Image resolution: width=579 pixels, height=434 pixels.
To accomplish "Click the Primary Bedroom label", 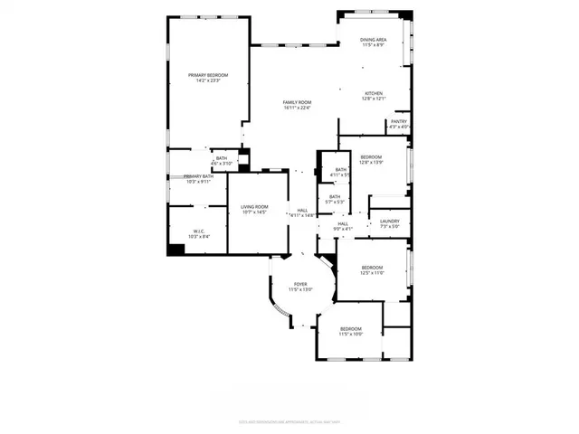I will point(208,75).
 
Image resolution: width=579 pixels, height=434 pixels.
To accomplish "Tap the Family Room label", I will point(296,102).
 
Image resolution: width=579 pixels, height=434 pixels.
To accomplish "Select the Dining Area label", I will point(374,40).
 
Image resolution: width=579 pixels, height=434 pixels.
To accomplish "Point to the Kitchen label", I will point(374,93).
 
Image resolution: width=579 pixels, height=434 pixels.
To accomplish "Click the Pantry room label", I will point(398,121).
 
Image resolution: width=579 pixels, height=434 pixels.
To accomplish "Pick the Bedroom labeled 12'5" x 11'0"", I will point(373,268).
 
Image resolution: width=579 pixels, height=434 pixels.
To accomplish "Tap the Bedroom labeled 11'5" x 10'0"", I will point(350,328).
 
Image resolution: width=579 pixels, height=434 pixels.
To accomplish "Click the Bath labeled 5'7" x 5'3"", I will point(335,197).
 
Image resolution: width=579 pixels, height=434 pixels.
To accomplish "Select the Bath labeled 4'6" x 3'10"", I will point(221,160).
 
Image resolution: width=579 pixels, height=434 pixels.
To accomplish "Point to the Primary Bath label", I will point(197,177).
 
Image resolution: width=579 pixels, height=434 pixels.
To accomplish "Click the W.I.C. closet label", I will point(197,231).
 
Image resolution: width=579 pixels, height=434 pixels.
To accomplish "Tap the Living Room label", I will point(253,208).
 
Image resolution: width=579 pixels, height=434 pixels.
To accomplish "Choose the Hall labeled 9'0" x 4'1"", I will point(343,224).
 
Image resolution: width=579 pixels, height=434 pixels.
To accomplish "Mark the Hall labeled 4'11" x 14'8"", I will point(301,211).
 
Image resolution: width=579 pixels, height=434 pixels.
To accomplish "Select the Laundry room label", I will point(390,222).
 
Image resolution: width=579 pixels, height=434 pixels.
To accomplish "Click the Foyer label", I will point(300,284).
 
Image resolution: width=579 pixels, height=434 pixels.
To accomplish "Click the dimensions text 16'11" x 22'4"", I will point(296,108).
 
